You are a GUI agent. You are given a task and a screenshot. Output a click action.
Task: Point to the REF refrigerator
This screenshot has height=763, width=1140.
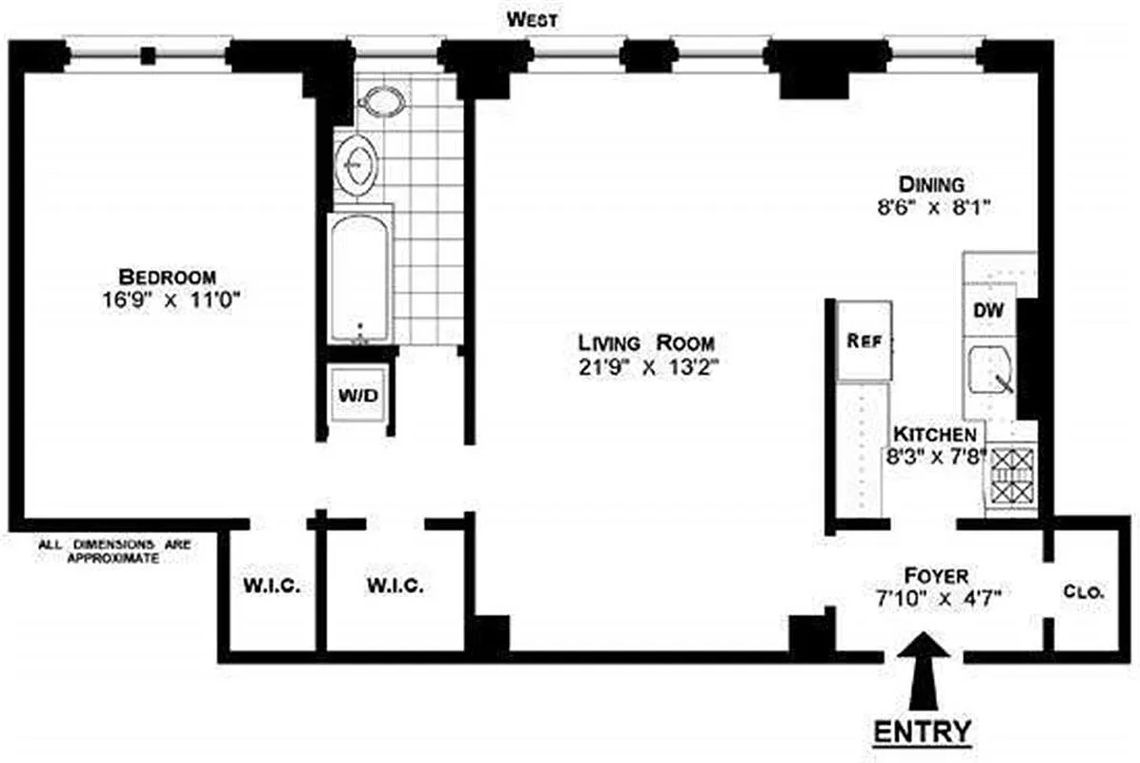pos(864,340)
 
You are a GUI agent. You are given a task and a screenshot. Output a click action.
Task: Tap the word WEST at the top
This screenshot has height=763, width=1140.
pos(533,19)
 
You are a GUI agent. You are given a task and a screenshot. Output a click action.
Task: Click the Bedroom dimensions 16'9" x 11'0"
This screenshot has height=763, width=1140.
pos(174,299)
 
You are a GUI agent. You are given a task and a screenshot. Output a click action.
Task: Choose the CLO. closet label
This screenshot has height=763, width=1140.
pos(1084,592)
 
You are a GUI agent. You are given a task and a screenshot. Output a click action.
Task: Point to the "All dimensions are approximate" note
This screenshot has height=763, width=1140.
pos(113,552)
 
